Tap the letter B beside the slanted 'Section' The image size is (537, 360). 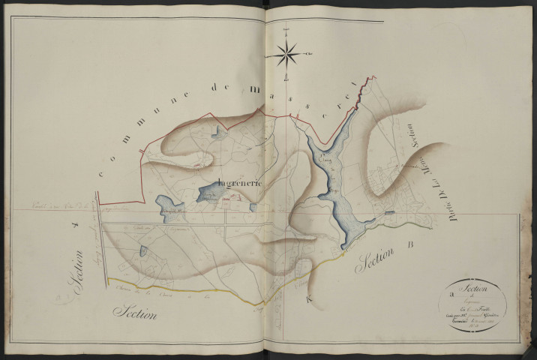410,244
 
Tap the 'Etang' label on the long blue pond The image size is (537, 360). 323,160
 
